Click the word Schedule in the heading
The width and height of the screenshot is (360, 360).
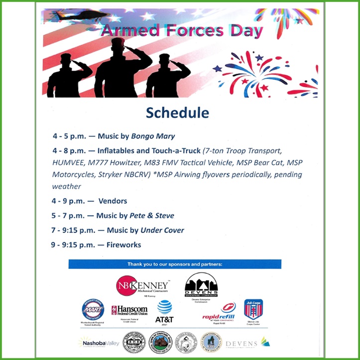tap(177, 113)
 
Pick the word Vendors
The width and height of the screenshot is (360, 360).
tap(113, 201)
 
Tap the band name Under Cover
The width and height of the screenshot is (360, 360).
tap(162, 230)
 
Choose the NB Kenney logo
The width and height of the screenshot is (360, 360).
tap(141, 285)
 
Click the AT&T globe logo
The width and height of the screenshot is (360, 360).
tap(164, 312)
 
